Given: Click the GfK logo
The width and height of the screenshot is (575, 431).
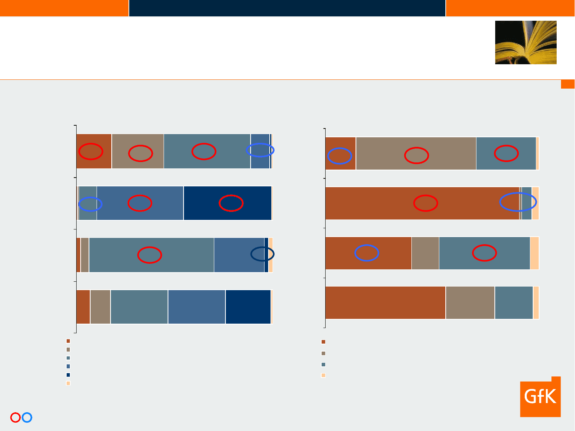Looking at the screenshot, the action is point(540,396).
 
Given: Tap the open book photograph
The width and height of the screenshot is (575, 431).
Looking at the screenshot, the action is point(526,42).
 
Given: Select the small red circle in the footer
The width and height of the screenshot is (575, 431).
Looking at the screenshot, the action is point(16,417).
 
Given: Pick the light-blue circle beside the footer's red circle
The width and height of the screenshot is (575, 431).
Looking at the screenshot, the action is point(27,417).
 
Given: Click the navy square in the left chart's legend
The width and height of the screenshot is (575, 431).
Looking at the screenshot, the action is point(68,375).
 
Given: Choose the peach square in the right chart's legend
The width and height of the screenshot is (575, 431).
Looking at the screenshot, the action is point(323,375).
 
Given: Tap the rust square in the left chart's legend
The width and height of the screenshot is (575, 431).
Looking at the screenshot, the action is point(68,341).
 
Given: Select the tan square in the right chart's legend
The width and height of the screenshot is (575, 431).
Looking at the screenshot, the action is point(323,353).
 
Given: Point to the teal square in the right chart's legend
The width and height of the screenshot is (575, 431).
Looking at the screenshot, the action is point(323,364).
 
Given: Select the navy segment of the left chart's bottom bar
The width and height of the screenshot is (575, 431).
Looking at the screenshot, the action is point(248,307).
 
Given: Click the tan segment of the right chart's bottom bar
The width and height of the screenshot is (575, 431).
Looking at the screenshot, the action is point(470,302).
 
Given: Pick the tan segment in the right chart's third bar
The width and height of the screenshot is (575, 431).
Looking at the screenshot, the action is point(425,253).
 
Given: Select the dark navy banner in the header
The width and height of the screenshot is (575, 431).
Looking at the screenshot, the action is point(287,8).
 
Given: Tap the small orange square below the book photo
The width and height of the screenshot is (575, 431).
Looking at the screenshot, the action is point(568,84).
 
